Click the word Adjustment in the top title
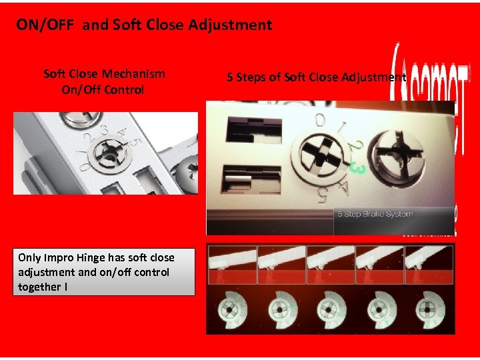click(230, 25)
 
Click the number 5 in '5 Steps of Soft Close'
click(230, 77)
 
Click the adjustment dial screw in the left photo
click(105, 153)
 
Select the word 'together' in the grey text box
click(40, 287)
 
